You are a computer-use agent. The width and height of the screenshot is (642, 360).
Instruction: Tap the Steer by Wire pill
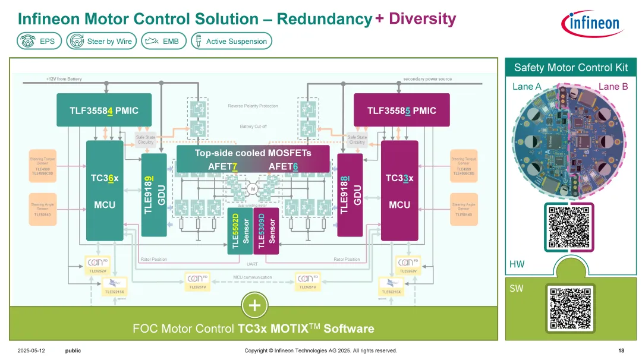tap(102, 41)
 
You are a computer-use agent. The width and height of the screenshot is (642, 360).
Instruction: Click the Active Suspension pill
tap(231, 41)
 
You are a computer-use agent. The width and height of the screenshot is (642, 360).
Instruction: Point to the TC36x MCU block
tap(104, 191)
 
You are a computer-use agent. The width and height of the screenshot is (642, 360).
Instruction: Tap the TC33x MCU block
tap(399, 191)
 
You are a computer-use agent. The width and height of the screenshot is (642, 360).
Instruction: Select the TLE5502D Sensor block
tap(240, 231)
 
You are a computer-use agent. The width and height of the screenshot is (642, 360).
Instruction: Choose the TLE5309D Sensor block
tap(266, 231)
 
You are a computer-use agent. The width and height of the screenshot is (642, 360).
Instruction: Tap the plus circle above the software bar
tap(255, 306)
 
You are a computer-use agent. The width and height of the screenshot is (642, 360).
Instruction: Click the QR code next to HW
tap(569, 227)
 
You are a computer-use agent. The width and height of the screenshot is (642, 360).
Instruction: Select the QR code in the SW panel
tap(570, 307)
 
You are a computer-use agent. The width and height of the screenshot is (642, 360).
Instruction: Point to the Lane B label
tap(613, 87)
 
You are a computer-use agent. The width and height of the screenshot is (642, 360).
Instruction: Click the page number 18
tap(621, 350)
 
